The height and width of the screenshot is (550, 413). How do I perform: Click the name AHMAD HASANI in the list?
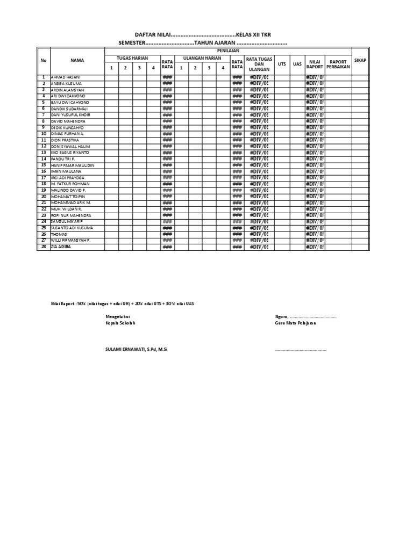65,77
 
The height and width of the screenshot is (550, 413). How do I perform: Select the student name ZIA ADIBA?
61,247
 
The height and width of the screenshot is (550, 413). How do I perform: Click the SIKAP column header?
360,61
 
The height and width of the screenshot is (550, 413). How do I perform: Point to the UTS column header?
282,64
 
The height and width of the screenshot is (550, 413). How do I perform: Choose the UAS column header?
297,64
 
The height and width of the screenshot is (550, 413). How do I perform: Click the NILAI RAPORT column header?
315,64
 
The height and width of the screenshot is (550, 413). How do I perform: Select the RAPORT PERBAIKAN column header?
338,64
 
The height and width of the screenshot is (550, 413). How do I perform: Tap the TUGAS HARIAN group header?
132,58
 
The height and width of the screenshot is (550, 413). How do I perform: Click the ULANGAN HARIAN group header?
202,58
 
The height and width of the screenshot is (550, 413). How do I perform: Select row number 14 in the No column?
44,159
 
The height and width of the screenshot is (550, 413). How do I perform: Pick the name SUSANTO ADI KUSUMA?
72,228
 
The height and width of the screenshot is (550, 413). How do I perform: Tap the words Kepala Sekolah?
121,323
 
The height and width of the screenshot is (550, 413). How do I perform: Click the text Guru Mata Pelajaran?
295,323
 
